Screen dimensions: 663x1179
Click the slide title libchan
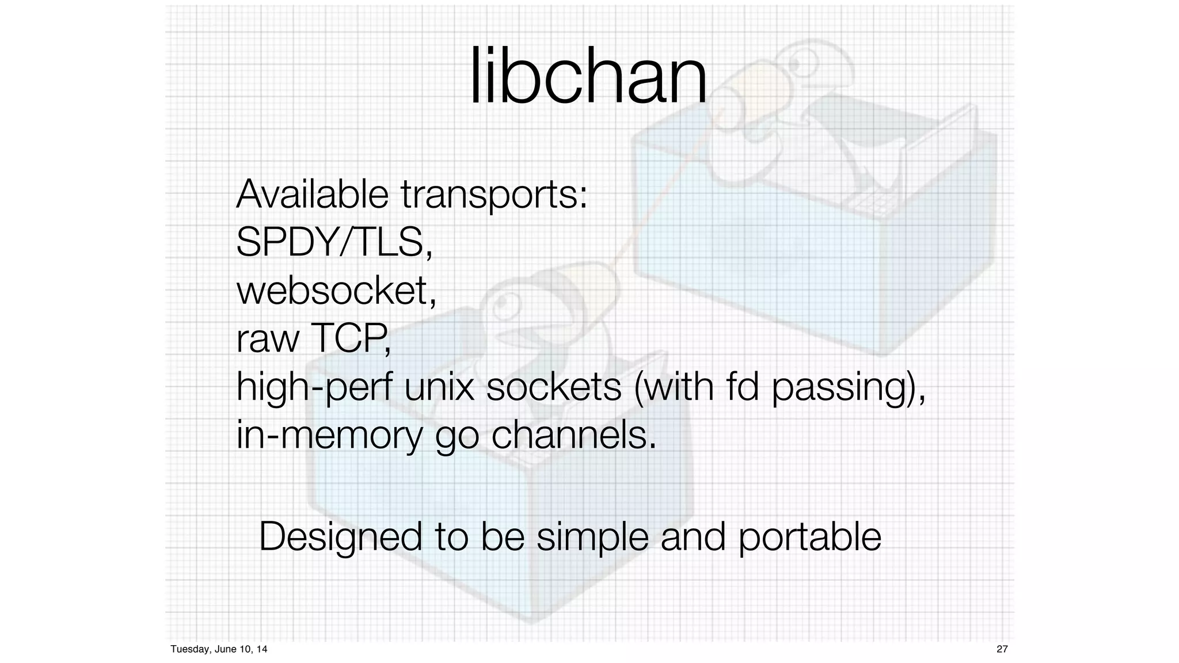point(588,76)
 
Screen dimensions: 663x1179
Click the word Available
point(312,194)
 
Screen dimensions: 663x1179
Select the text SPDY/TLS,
point(334,243)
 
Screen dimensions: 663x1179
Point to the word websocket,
point(336,291)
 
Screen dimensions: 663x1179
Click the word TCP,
point(351,338)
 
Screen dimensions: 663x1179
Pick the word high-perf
point(314,387)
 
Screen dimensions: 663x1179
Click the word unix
point(439,387)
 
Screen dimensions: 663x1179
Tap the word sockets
point(554,387)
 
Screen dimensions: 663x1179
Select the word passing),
point(848,387)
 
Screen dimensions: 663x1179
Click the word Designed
point(340,537)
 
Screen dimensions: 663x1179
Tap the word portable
point(809,537)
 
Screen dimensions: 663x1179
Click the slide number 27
point(1002,649)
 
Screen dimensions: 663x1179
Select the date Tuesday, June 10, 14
point(219,649)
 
